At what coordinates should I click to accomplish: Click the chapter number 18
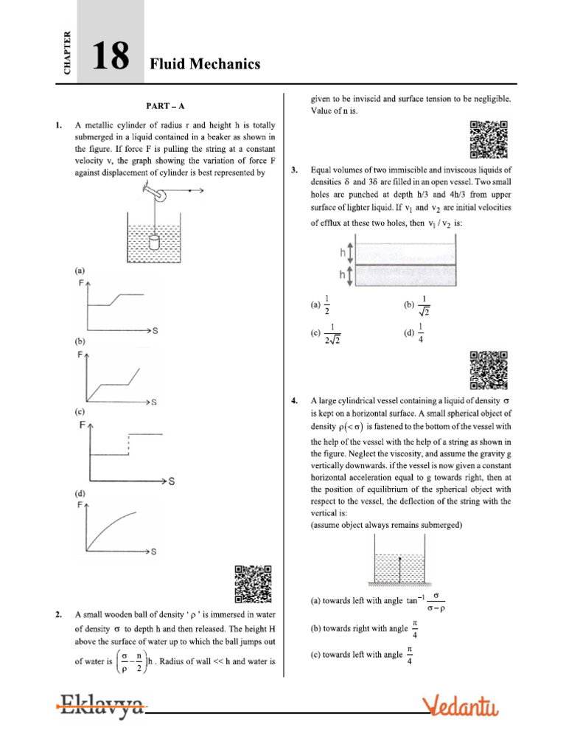[110, 58]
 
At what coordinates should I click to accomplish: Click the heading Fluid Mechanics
[205, 65]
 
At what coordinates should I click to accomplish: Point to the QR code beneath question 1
[253, 584]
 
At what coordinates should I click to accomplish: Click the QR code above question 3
[489, 139]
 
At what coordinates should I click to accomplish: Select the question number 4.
[295, 401]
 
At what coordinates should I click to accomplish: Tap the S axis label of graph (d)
[154, 551]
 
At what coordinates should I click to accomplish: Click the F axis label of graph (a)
[81, 282]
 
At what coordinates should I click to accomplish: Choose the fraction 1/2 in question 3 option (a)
[328, 303]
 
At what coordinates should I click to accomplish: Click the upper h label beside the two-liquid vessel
[342, 252]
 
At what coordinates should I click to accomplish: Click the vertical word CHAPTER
[68, 52]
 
